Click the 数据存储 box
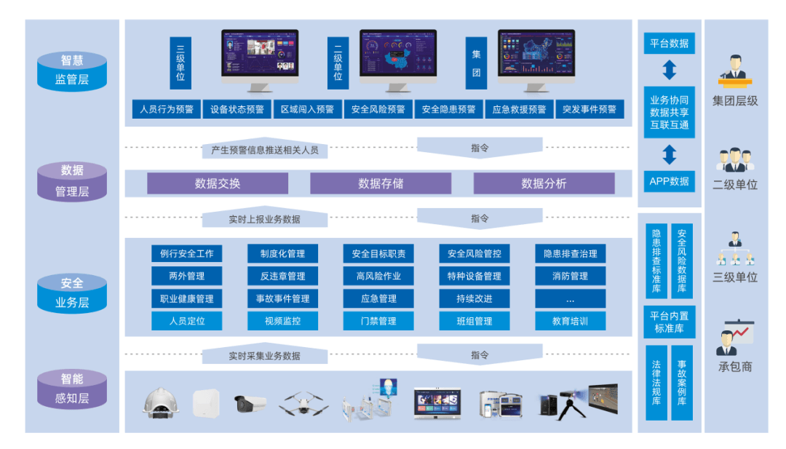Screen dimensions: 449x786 (x=381, y=183)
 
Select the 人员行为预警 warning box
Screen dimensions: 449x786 (x=167, y=109)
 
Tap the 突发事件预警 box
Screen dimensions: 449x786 (x=589, y=109)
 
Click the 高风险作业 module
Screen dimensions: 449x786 (x=378, y=277)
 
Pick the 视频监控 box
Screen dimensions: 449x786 (x=282, y=321)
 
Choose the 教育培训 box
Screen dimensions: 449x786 (x=570, y=321)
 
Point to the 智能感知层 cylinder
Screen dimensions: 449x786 (x=72, y=389)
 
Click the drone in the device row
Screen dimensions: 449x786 (x=304, y=403)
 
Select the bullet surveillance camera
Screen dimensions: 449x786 (x=250, y=403)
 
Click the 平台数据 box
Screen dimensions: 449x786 (x=670, y=43)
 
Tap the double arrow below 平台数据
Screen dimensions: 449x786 (x=670, y=70)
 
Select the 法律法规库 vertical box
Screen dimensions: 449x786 (x=656, y=383)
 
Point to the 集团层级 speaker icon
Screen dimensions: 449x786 (x=735, y=69)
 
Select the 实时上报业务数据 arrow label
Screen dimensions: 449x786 (x=264, y=219)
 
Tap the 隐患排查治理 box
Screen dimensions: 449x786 (x=570, y=254)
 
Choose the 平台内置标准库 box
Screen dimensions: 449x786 (x=670, y=322)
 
